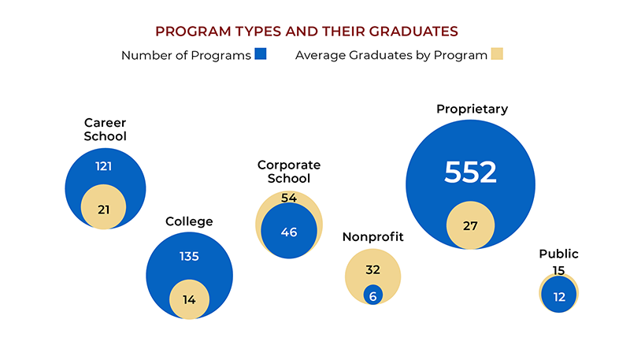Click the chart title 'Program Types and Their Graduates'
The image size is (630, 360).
tap(306, 32)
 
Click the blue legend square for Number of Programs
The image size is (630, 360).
tap(261, 54)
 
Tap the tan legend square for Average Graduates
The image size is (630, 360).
tap(496, 54)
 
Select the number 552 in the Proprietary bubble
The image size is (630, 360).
tap(470, 173)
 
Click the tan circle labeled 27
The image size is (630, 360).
tap(470, 226)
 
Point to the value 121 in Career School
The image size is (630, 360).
tap(105, 167)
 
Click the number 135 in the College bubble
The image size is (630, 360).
tap(189, 256)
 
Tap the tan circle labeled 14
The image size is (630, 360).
tap(189, 299)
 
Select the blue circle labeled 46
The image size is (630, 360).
tap(289, 232)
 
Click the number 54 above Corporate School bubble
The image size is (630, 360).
tap(289, 198)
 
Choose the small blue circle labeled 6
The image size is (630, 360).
tap(373, 295)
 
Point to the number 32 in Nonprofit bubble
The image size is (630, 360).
tap(373, 269)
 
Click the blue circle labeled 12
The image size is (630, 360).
tap(558, 295)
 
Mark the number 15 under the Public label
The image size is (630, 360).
tap(558, 270)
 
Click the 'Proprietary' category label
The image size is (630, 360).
tap(472, 109)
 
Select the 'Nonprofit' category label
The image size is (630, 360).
tap(373, 237)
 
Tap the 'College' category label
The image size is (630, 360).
tap(189, 221)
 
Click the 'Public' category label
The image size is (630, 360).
tap(558, 254)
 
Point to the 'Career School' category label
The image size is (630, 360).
tap(105, 129)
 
